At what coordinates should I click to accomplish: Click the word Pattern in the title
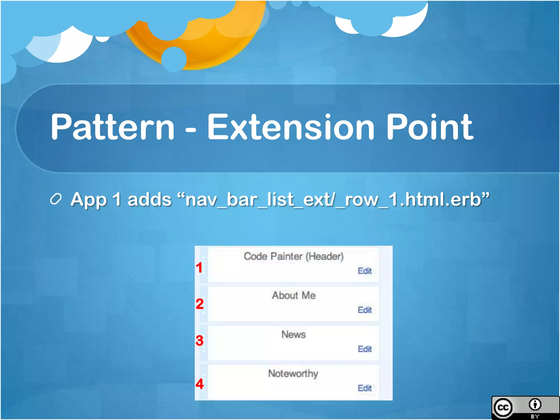click(x=112, y=127)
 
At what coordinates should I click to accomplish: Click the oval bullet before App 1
click(x=56, y=199)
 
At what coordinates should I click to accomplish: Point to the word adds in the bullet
click(x=149, y=200)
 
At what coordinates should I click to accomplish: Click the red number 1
click(x=199, y=268)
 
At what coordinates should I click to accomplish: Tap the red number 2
click(x=200, y=304)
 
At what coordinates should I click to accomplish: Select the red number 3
click(x=200, y=340)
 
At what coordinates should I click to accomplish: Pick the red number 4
click(x=200, y=384)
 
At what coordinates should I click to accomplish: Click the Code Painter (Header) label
click(x=294, y=256)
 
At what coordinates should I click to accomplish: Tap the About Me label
click(x=294, y=295)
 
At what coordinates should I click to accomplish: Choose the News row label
click(x=294, y=334)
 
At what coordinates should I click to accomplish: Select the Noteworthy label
click(x=293, y=374)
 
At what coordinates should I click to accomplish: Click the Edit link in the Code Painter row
click(x=365, y=271)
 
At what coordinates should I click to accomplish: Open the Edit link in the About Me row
click(x=365, y=310)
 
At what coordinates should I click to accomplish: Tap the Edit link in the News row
click(x=365, y=349)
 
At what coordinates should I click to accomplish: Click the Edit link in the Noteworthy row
click(x=365, y=388)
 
